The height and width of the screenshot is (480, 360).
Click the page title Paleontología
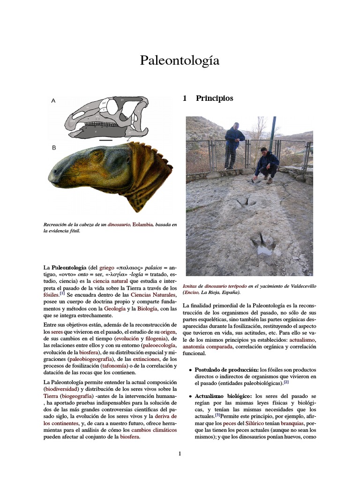click(x=180, y=60)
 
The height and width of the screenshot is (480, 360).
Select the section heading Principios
click(x=214, y=98)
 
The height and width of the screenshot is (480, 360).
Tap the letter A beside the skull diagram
click(x=53, y=100)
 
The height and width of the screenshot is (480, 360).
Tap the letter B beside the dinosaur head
click(x=54, y=148)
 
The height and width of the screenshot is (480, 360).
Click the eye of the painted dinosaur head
click(x=97, y=154)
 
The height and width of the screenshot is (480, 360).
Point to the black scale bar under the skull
click(x=106, y=140)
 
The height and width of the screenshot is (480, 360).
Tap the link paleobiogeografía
click(x=89, y=359)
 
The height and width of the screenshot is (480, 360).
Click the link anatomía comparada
click(x=207, y=347)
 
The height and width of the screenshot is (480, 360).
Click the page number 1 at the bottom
click(x=180, y=453)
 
